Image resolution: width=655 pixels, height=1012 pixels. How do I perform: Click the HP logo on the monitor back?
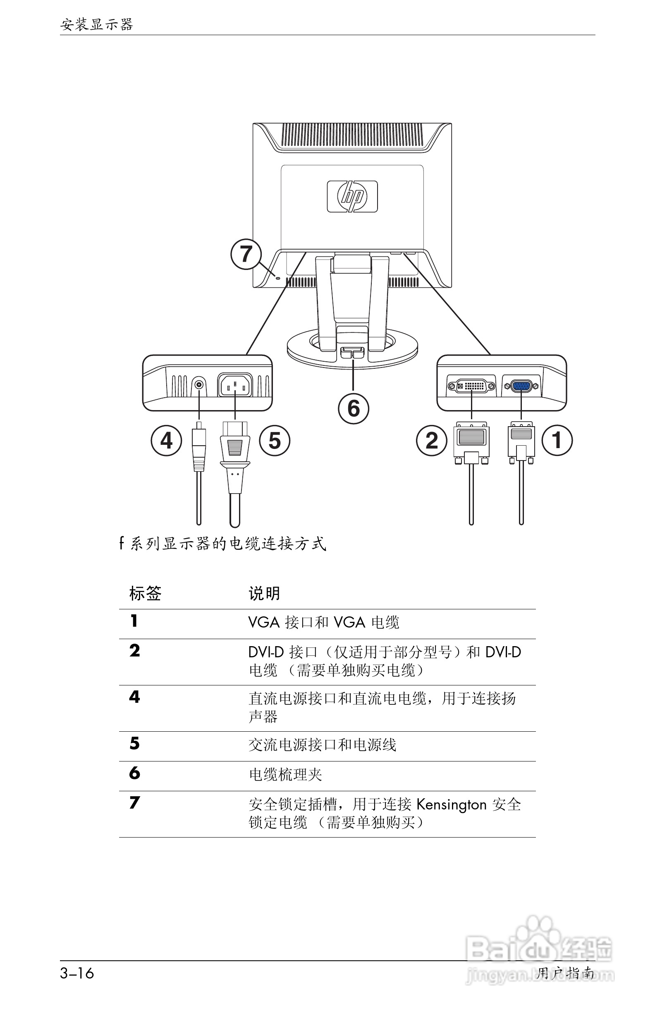352,196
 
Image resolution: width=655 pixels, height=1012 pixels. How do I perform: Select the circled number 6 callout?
354,408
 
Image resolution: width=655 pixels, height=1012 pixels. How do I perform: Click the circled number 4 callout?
166,441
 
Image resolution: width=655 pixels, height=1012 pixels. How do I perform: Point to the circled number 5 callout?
275,441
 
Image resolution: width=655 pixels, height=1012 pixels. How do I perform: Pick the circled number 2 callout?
431,441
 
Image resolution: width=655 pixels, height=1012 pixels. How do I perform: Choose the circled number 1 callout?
557,441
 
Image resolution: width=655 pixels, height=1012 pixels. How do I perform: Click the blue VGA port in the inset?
521,386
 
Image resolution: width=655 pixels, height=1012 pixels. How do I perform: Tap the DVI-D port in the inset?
471,386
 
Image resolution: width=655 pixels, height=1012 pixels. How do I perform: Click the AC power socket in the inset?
235,385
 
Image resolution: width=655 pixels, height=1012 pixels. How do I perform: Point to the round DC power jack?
198,385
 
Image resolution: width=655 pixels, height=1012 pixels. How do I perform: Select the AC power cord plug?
235,451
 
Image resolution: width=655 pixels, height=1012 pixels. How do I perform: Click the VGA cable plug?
521,442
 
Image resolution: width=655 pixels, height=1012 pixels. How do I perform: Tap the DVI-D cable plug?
471,442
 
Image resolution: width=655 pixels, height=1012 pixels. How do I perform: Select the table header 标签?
146,593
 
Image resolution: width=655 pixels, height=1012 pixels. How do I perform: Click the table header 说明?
264,593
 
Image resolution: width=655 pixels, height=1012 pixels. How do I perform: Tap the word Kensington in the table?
451,805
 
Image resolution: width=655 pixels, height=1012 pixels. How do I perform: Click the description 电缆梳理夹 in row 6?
285,775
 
